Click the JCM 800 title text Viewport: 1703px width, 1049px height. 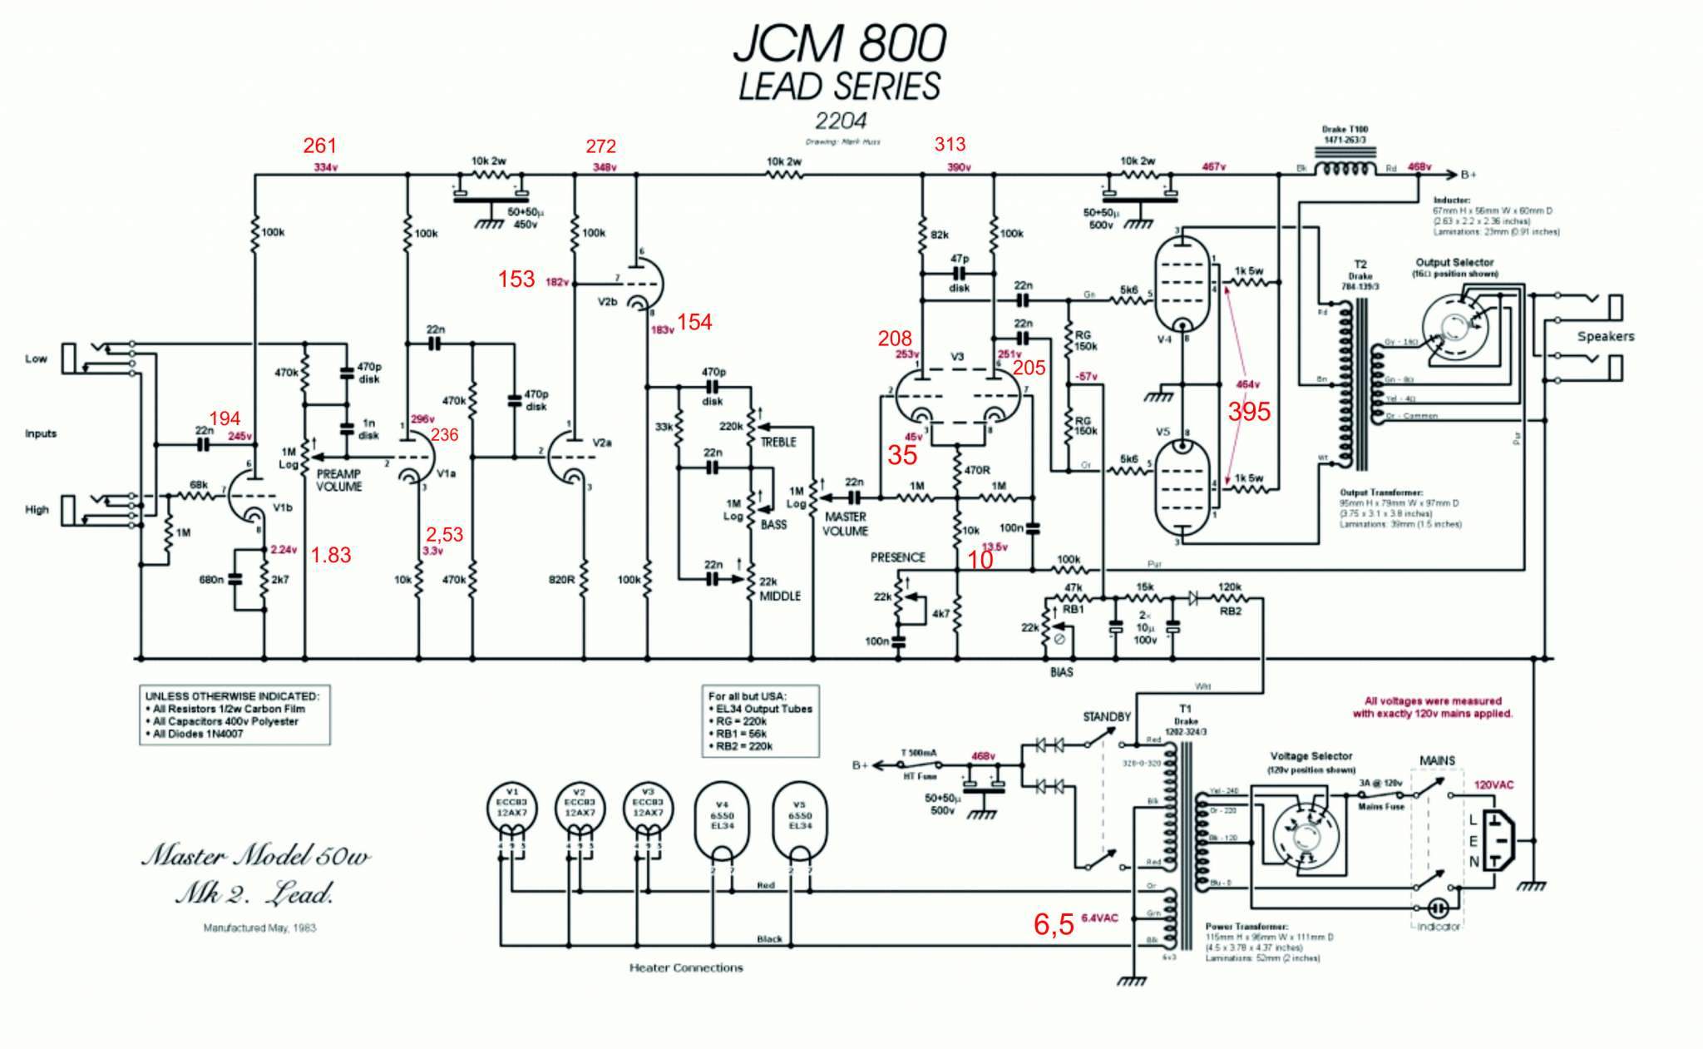point(840,43)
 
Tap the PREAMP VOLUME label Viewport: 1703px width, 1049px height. point(339,480)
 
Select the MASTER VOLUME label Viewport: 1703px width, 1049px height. point(846,523)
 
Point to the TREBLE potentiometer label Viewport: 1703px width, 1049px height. point(778,442)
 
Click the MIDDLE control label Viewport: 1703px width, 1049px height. point(780,596)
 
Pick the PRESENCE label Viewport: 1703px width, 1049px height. point(897,557)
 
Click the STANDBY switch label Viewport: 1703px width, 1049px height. point(1107,716)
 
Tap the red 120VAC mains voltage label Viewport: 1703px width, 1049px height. point(1494,784)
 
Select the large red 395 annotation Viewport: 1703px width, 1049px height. point(1249,412)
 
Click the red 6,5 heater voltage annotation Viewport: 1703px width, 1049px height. point(1054,924)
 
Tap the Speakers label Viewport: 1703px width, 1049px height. point(1606,336)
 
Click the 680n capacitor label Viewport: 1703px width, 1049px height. point(211,579)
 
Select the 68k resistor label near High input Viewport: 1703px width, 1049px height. point(199,484)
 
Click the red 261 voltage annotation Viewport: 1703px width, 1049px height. point(320,146)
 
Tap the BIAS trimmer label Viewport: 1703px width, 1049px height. point(1061,671)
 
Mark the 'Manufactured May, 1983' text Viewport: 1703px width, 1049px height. point(259,928)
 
